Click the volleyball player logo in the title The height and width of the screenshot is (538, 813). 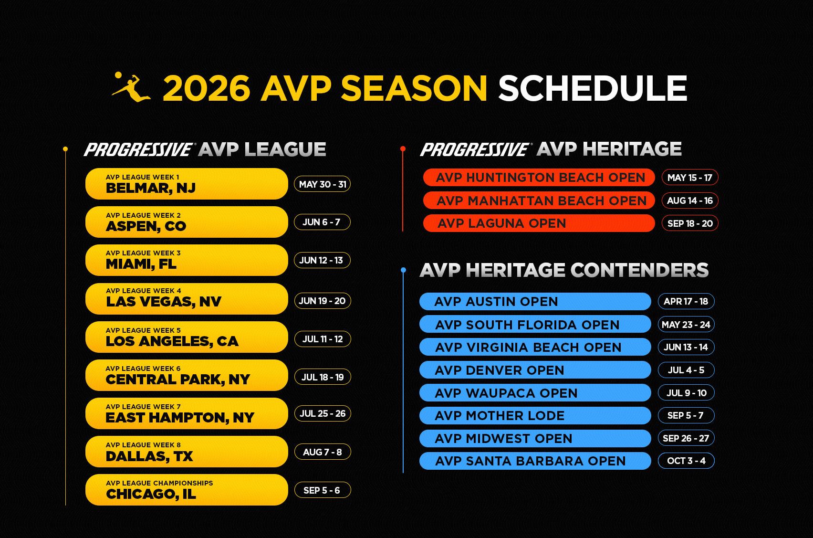131,87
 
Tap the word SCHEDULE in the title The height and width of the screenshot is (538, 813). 593,88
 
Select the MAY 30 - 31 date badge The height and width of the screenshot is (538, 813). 323,184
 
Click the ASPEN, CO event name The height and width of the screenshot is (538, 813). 146,226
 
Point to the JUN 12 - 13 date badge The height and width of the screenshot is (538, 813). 323,260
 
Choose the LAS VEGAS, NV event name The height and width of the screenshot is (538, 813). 164,301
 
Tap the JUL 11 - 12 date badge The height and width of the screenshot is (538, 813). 323,339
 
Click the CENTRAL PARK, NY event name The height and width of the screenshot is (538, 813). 178,380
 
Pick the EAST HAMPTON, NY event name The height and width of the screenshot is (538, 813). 180,418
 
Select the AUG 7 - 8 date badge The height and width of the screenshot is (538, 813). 323,452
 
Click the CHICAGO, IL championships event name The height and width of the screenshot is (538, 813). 151,494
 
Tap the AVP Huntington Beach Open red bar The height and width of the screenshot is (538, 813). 539,178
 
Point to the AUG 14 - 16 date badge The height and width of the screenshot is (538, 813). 690,200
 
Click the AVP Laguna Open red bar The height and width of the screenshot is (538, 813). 539,223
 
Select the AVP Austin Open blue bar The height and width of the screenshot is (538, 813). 535,301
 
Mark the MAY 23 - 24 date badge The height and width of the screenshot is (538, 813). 686,325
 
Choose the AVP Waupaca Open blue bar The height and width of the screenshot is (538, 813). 535,393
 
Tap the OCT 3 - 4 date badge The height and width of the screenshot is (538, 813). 686,461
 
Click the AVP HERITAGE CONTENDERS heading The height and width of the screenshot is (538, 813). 564,270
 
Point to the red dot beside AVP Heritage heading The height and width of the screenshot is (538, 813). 403,148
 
